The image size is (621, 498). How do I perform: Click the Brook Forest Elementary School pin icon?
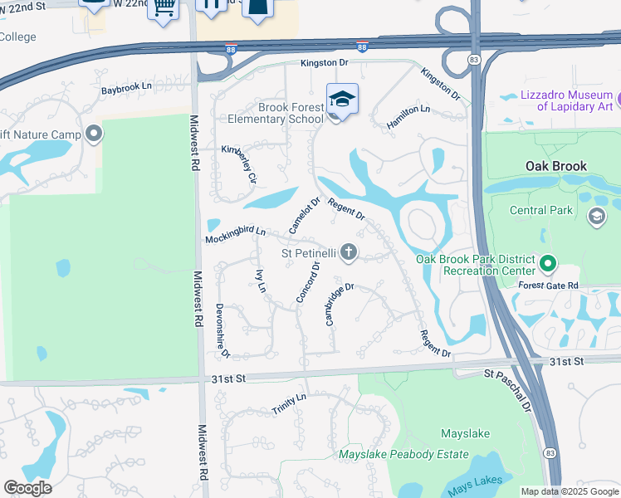[342, 100]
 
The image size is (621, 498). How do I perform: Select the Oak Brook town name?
[556, 166]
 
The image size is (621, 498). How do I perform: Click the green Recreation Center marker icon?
[547, 265]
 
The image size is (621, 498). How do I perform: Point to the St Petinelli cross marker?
[350, 252]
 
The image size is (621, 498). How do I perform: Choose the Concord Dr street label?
[308, 282]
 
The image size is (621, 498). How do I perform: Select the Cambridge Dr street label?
[340, 304]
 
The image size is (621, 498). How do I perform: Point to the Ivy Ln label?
[261, 281]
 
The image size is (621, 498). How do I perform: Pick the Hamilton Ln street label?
[408, 117]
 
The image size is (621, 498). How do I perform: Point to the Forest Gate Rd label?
[547, 286]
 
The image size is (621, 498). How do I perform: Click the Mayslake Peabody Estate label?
[403, 455]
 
